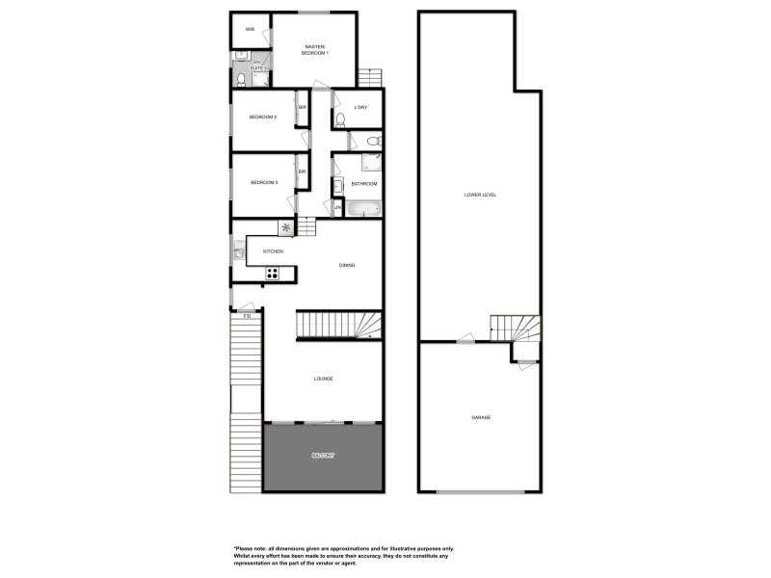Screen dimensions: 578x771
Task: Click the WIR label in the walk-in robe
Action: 250,30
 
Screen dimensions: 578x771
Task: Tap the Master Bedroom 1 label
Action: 316,49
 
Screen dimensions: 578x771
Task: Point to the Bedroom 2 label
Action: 263,118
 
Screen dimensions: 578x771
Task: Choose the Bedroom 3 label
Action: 264,183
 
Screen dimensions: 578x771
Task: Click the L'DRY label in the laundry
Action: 361,107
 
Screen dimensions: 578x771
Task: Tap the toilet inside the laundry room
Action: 340,120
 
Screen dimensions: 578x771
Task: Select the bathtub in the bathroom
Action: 364,208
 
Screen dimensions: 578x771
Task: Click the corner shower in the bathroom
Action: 371,163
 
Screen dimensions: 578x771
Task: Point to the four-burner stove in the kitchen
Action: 273,273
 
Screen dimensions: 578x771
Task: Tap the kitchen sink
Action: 238,251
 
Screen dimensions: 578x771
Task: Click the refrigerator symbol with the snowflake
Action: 285,228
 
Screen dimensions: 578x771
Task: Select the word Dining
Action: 347,265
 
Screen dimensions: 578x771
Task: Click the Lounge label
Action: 324,379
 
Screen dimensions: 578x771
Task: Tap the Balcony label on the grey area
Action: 323,455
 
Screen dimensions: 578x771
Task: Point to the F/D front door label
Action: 247,316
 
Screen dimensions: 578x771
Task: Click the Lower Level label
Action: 479,195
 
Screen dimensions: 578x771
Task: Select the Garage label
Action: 481,417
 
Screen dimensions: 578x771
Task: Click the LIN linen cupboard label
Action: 337,207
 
